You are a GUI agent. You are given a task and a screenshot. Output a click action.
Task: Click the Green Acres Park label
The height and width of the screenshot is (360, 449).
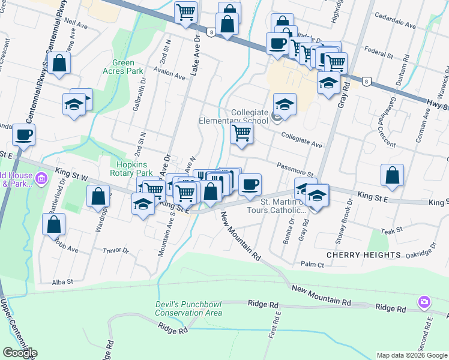(128, 67)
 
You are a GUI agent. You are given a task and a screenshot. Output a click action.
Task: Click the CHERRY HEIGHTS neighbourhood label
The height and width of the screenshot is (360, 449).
(363, 255)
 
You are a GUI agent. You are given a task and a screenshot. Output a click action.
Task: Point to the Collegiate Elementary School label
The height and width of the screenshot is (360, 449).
(234, 116)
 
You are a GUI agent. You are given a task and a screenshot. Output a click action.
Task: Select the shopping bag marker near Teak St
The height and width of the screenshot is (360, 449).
(391, 175)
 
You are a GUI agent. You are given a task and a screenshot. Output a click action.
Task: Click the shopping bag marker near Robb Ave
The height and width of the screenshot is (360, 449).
(54, 224)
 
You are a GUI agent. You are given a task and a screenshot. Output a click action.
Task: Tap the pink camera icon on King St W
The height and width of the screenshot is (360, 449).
(41, 178)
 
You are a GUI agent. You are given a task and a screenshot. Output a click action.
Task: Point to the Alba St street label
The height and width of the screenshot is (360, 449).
(62, 281)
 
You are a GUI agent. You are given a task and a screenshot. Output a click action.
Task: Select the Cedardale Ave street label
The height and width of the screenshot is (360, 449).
(395, 26)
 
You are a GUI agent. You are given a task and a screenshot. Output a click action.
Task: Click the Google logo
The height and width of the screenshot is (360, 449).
(19, 353)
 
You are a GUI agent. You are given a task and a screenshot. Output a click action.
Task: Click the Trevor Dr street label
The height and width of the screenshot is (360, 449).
(116, 251)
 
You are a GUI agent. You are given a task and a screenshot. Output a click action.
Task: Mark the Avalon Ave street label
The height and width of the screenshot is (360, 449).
(169, 76)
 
